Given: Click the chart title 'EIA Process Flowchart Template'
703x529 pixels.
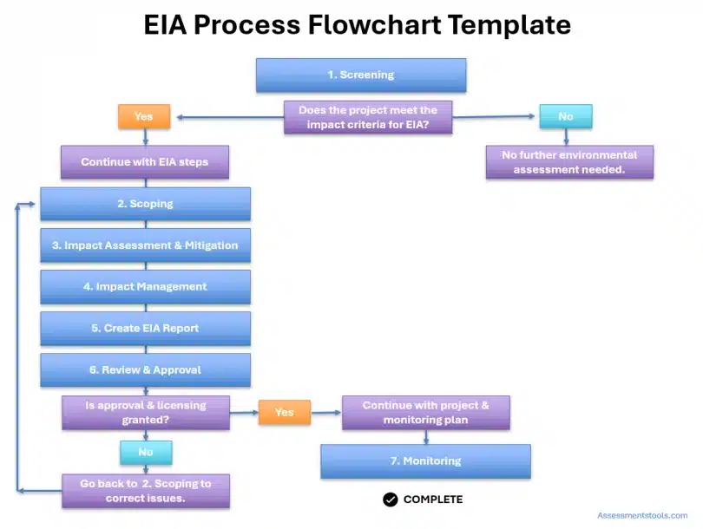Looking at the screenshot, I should point(357,25).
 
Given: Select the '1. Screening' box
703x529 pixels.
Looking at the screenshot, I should point(360,75).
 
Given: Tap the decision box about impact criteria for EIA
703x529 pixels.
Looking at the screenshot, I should point(367,118).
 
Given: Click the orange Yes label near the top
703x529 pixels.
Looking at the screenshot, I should point(144,116).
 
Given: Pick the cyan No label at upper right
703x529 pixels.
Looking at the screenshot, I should point(565,116).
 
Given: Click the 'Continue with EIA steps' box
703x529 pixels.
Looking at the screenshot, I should point(144,162).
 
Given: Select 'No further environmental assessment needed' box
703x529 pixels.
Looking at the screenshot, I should point(568,162).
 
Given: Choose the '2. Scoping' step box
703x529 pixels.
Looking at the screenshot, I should point(145,204).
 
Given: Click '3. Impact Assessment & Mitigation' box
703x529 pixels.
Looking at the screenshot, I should point(145,245).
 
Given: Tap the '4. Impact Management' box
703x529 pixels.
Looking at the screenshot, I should point(145,287).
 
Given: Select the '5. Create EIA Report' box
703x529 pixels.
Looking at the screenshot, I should point(145,329).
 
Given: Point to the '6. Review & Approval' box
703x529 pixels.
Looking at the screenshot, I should point(145,370).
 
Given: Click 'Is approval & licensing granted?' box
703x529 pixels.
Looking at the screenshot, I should point(145,412).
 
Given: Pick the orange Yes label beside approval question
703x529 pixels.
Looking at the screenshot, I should point(284,412).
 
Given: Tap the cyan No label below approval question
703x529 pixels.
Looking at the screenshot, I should point(145,452).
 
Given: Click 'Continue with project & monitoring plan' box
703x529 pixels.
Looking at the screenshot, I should point(425,413).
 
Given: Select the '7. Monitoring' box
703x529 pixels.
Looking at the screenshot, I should point(425,461).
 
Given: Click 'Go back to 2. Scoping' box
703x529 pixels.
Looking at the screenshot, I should point(145,491).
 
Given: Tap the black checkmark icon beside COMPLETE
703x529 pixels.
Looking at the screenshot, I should point(391,500).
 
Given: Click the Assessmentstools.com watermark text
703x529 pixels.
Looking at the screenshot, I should point(642,515).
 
